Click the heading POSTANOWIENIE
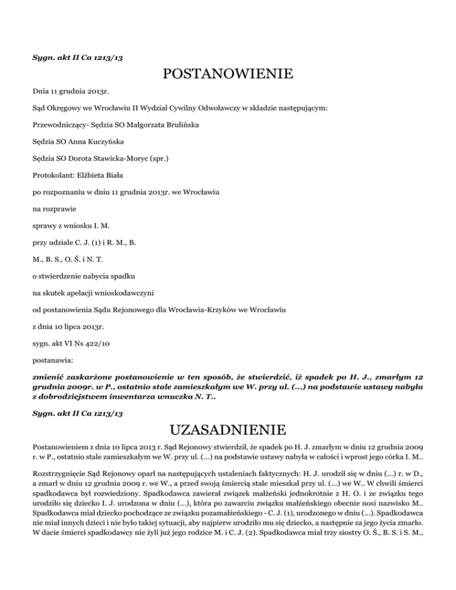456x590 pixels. point(228,75)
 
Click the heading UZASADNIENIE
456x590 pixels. point(228,429)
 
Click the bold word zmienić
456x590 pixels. point(50,376)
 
